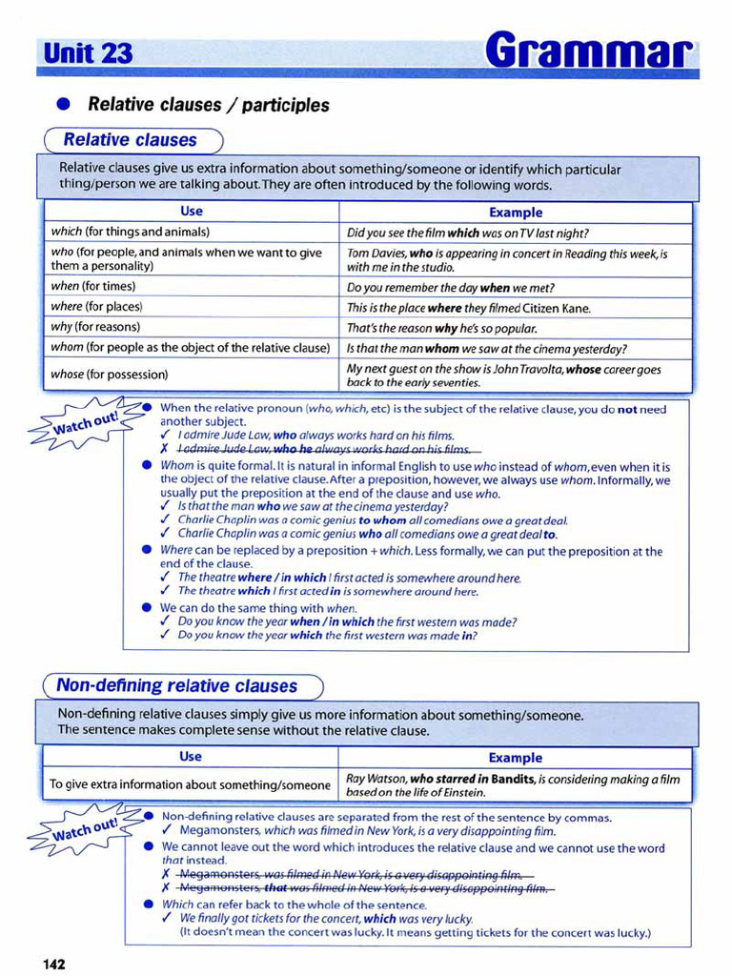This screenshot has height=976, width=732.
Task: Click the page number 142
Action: click(53, 964)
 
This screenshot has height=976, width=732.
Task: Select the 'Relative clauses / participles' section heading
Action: click(208, 105)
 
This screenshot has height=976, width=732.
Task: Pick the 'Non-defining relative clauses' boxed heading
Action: click(177, 685)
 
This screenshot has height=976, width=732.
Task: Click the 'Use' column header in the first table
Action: click(191, 212)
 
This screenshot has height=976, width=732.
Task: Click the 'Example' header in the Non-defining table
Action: click(515, 758)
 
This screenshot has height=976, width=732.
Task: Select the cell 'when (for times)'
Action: click(93, 286)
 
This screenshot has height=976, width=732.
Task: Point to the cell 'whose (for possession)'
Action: click(109, 375)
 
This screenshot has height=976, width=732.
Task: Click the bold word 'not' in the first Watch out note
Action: click(626, 409)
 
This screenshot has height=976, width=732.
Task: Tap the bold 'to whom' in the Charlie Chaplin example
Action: click(379, 520)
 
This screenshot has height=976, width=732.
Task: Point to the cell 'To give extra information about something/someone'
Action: click(190, 784)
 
